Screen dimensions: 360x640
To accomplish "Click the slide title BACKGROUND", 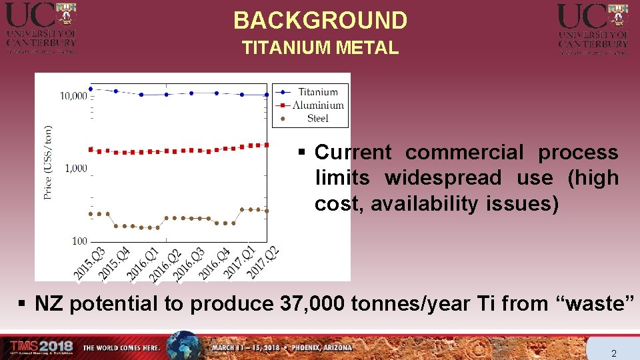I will click(x=320, y=21).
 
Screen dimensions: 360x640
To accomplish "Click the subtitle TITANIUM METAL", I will click(x=320, y=48).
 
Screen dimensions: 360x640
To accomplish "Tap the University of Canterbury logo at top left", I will click(x=41, y=27).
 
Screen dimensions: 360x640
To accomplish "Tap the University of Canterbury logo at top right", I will click(x=593, y=27).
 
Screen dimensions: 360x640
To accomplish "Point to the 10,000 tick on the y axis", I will click(x=73, y=96).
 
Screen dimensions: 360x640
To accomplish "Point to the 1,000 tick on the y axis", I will click(x=76, y=168).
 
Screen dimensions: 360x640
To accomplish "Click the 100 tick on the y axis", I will click(x=79, y=241).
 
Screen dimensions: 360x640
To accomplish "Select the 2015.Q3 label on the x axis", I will click(x=89, y=263).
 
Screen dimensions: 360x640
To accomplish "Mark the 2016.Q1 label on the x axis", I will click(x=142, y=263).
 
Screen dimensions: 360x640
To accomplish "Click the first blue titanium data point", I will click(x=91, y=89).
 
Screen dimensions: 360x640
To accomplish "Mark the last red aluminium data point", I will click(x=267, y=145).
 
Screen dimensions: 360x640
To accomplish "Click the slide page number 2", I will click(x=613, y=353).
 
